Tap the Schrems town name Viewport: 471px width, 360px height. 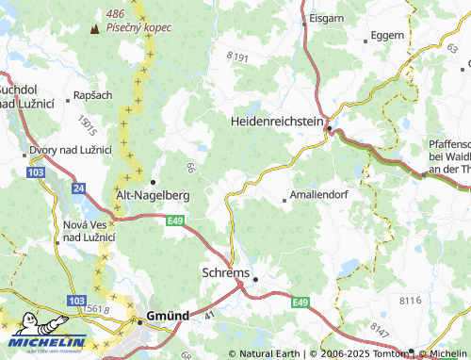click(226, 272)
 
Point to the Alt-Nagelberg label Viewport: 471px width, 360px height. click(153, 194)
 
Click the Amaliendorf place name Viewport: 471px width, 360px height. click(322, 199)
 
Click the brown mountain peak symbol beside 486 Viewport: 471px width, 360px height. click(94, 29)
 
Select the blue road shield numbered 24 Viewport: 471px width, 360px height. click(79, 188)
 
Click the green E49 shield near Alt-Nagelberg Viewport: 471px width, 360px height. click(176, 220)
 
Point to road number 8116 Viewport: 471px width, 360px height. click(411, 299)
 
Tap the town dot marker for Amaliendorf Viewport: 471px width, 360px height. click(285, 199)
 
